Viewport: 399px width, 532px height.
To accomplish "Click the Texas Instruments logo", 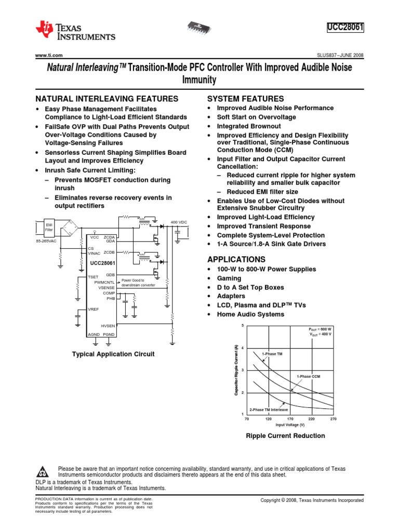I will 75,31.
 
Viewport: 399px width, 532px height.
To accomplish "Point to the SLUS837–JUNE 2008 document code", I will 340,55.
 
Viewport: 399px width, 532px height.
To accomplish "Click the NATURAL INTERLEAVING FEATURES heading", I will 107,99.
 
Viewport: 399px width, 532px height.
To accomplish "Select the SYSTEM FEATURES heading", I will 246,99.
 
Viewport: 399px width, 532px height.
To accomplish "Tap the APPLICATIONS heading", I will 236,259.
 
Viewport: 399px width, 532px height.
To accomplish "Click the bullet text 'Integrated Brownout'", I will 249,126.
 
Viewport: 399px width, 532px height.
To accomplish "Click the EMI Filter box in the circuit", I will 49,227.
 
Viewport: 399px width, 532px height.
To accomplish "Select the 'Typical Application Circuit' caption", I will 114,354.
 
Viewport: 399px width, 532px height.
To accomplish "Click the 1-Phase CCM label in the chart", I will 309,376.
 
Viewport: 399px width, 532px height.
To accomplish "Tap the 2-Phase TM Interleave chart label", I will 269,409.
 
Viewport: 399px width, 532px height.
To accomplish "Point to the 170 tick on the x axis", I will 290,418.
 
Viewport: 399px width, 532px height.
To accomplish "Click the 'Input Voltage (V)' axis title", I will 290,424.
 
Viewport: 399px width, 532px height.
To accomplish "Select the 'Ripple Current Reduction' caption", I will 285,436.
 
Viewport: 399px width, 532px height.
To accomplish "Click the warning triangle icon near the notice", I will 43,472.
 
